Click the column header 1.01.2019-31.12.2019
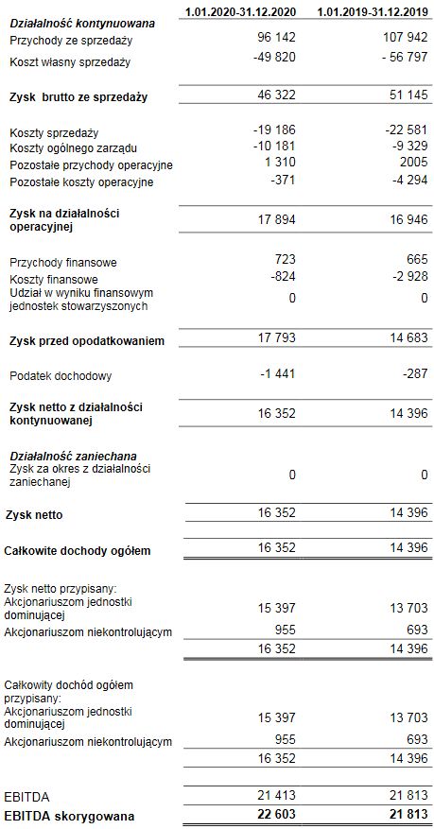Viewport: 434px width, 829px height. [x=373, y=10]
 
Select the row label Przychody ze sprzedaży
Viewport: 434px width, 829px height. [x=70, y=42]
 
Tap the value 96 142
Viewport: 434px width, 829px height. [x=276, y=42]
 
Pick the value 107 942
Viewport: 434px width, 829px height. [x=403, y=42]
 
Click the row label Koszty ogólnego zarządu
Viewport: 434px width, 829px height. [x=74, y=149]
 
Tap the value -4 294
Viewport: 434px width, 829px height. [x=408, y=181]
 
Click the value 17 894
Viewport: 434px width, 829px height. [x=277, y=220]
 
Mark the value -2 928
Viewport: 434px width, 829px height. [x=408, y=279]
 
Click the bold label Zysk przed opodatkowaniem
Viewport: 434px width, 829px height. [x=85, y=340]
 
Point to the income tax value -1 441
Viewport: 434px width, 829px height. [x=278, y=375]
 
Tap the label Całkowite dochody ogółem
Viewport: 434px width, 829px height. [x=78, y=550]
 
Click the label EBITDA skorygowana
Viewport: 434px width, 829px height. [x=69, y=815]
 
